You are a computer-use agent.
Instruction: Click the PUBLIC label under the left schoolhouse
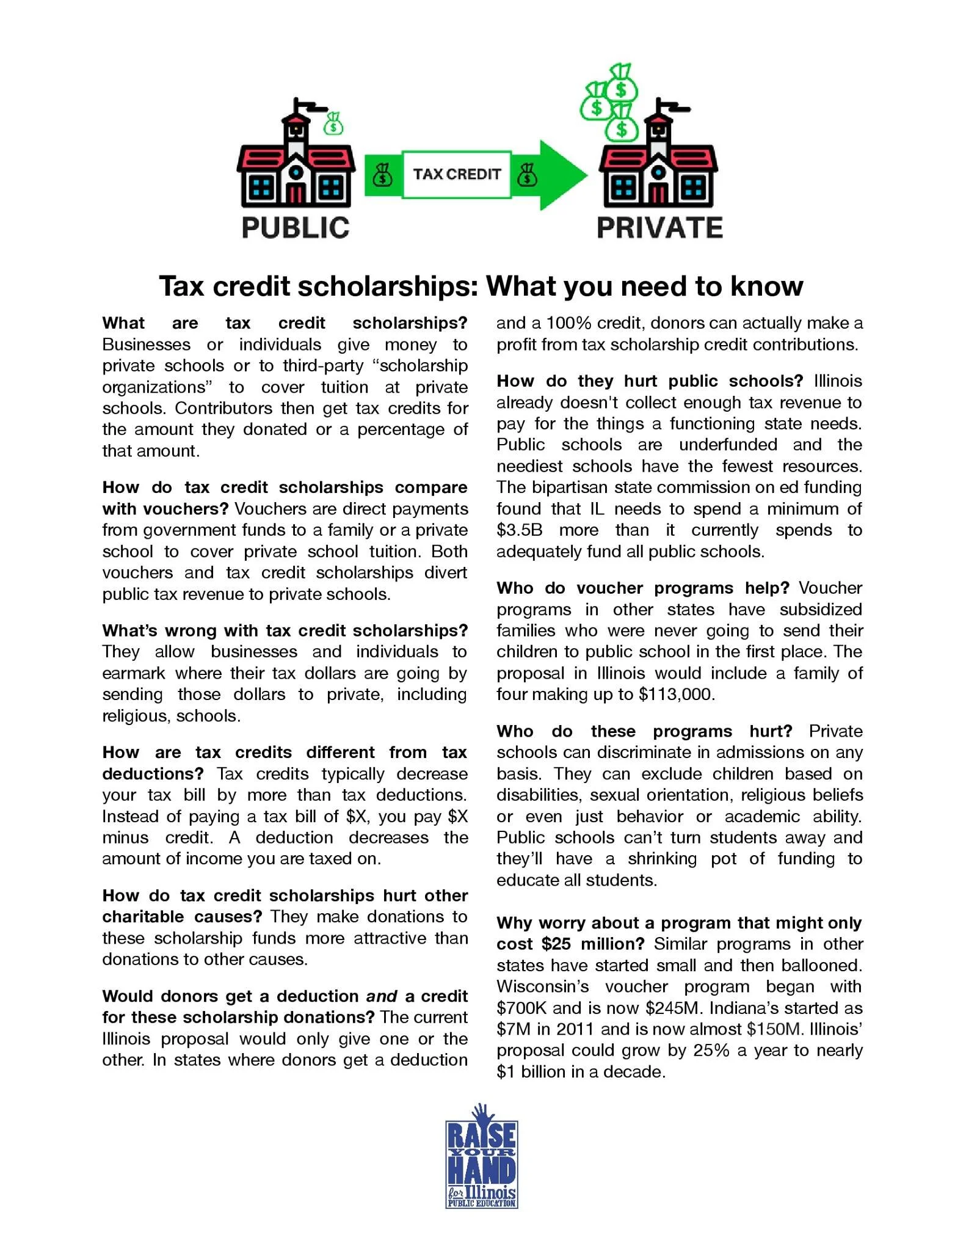pyautogui.click(x=296, y=228)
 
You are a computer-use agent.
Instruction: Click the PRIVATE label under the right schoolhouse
pyautogui.click(x=659, y=228)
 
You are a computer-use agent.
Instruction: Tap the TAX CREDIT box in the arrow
pyautogui.click(x=456, y=175)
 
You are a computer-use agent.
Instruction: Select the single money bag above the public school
pyautogui.click(x=333, y=124)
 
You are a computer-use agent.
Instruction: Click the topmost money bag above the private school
pyautogui.click(x=621, y=82)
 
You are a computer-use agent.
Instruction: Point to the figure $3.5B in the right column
pyautogui.click(x=519, y=530)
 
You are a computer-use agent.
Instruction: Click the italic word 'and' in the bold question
pyautogui.click(x=382, y=996)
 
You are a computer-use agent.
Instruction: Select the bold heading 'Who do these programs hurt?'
pyautogui.click(x=644, y=731)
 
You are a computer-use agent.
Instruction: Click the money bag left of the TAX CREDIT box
pyautogui.click(x=383, y=175)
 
